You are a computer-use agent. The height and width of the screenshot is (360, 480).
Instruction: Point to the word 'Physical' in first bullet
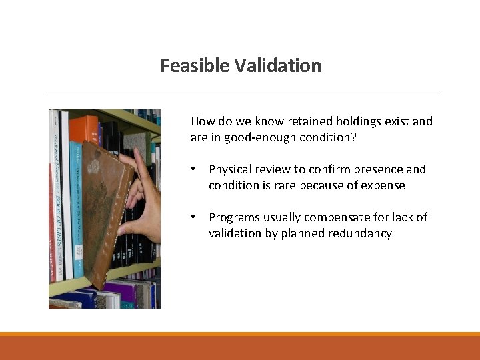(230, 169)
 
